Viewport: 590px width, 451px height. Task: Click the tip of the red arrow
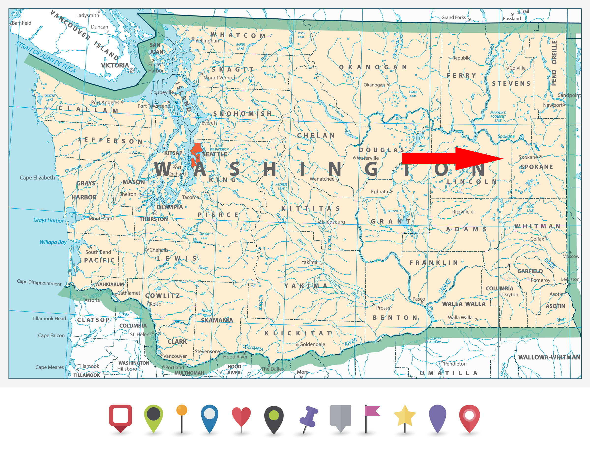503,158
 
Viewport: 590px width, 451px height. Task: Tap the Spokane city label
528,157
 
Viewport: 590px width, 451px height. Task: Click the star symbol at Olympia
155,213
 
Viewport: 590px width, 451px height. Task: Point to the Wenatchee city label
322,179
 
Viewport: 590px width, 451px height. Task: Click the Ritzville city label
460,212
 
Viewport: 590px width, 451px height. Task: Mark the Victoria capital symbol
131,70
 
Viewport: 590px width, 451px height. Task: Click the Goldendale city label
312,344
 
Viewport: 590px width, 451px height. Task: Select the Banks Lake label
422,148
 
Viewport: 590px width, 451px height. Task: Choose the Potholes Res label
394,213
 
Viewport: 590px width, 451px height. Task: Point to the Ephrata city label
379,192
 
